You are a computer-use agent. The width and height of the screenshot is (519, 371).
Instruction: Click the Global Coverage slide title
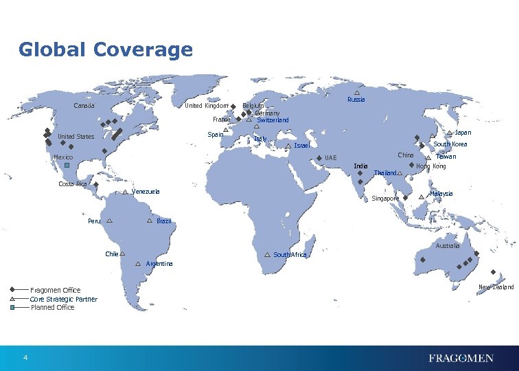[x=106, y=50]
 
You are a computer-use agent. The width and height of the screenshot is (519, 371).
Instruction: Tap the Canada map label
[x=84, y=106]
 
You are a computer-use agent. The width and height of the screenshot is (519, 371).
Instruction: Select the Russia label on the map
[x=356, y=100]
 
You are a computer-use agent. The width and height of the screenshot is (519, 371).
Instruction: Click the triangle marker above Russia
[x=357, y=93]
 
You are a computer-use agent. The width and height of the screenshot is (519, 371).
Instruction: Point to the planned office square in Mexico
[x=67, y=166]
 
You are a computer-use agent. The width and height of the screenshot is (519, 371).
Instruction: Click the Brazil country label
[x=164, y=221]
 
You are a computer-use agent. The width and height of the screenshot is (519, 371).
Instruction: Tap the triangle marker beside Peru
[x=110, y=221]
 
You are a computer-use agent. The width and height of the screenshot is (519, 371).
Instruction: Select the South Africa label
[x=290, y=255]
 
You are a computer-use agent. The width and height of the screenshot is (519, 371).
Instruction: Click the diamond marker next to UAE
[x=319, y=159]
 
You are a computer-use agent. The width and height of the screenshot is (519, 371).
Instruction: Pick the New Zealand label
[x=496, y=286]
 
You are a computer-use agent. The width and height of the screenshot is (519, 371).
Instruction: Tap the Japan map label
[x=463, y=132]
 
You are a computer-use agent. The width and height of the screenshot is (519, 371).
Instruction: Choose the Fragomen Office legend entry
[x=56, y=290]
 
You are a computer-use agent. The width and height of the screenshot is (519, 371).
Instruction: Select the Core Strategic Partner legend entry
[x=63, y=299]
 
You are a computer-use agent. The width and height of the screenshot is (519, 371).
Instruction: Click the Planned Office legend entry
[x=52, y=307]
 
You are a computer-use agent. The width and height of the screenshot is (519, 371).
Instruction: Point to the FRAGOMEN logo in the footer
[x=461, y=358]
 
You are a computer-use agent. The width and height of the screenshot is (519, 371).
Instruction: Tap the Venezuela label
[x=146, y=192]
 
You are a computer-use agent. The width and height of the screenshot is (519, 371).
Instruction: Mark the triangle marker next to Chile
[x=122, y=254]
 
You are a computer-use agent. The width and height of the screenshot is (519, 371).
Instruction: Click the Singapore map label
[x=385, y=199]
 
